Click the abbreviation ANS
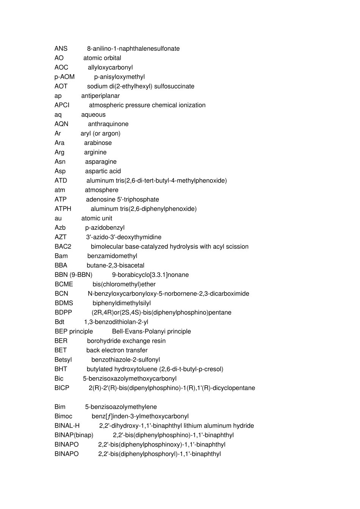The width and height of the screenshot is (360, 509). tap(61, 48)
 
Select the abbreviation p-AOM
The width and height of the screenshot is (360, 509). tap(64, 77)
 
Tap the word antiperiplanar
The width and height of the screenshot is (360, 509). tap(100, 96)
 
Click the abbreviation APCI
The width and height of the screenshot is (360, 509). tap(62, 105)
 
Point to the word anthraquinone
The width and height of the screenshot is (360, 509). tap(108, 124)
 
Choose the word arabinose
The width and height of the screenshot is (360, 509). tap(98, 143)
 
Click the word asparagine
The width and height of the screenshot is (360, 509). tap(101, 162)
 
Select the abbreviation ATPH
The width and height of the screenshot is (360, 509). tap(63, 209)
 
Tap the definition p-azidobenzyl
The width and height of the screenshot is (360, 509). tap(105, 228)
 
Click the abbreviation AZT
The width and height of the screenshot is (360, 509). tap(61, 237)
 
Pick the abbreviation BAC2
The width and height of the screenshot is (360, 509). tap(63, 247)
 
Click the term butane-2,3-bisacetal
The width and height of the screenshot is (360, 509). tap(115, 265)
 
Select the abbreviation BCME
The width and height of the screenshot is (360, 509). tap(64, 284)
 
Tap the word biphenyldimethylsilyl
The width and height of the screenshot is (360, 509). tap(122, 303)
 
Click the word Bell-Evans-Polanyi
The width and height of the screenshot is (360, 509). tap(141, 331)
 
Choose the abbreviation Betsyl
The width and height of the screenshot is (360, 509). tap(63, 359)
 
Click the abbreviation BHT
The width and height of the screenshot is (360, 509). tap(61, 369)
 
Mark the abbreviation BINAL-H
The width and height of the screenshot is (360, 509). tap(67, 426)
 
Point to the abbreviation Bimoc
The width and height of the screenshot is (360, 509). tap(63, 416)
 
